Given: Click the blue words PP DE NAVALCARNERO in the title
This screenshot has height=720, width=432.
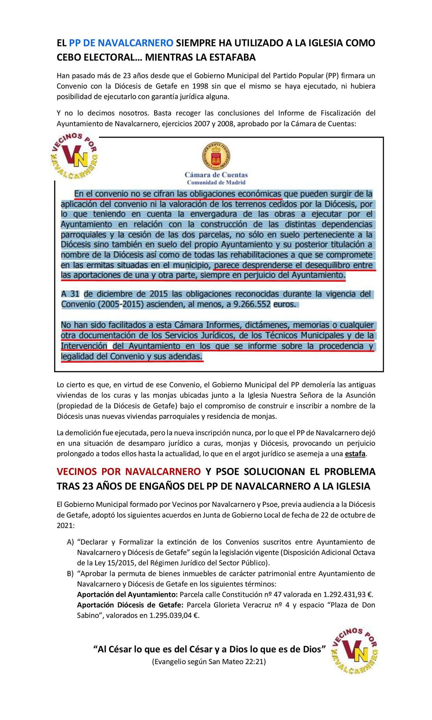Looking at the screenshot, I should [121, 43].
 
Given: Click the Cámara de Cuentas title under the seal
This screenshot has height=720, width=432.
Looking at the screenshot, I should [216, 175].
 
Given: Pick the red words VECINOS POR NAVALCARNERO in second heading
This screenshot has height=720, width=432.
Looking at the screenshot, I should [129, 471].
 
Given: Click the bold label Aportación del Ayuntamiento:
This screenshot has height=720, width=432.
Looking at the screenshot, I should [127, 595].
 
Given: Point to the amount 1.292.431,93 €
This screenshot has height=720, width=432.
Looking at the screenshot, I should [348, 595].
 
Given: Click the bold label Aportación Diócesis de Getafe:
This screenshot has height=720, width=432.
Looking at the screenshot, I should [130, 605].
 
